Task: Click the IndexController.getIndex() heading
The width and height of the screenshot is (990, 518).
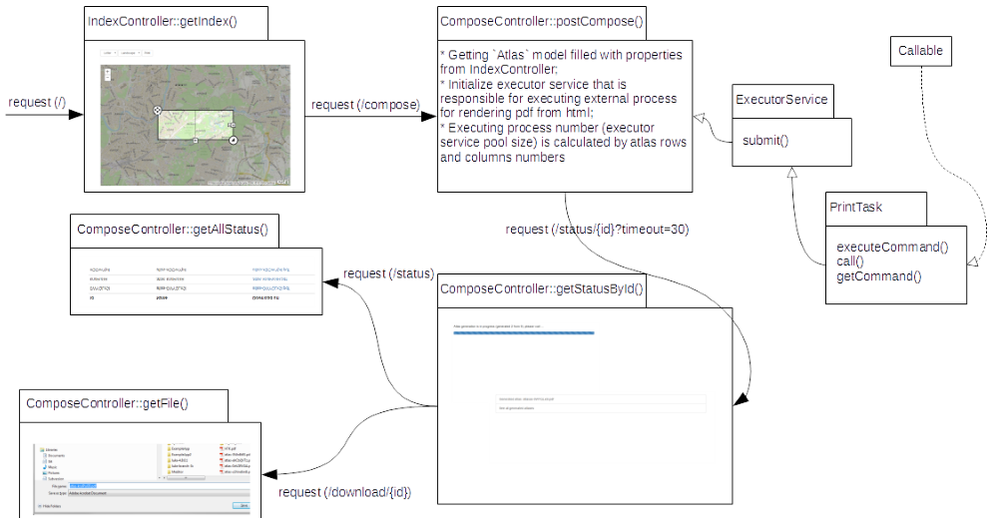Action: tap(163, 22)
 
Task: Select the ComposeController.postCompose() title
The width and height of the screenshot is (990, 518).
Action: tap(541, 22)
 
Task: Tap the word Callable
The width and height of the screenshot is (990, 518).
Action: tap(920, 51)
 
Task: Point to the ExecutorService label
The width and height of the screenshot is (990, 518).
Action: tap(780, 100)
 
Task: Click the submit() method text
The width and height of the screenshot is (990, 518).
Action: tap(764, 141)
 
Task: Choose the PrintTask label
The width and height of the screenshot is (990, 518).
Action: tap(855, 207)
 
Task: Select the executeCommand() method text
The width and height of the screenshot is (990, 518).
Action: tap(891, 248)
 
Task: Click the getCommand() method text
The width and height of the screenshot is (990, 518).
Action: tap(878, 276)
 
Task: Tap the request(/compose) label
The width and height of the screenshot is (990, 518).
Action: tap(365, 105)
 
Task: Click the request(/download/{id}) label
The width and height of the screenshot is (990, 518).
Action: tap(344, 492)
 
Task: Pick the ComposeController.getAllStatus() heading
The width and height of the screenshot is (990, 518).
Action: tap(173, 230)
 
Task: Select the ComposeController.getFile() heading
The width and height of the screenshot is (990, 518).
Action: tap(108, 403)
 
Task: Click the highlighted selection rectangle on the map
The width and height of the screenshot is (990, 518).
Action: tap(196, 124)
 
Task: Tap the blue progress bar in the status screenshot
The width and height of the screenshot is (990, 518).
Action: tap(524, 332)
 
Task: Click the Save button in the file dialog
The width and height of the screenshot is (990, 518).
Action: tap(241, 506)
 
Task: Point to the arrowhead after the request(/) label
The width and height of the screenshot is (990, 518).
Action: tap(75, 115)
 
